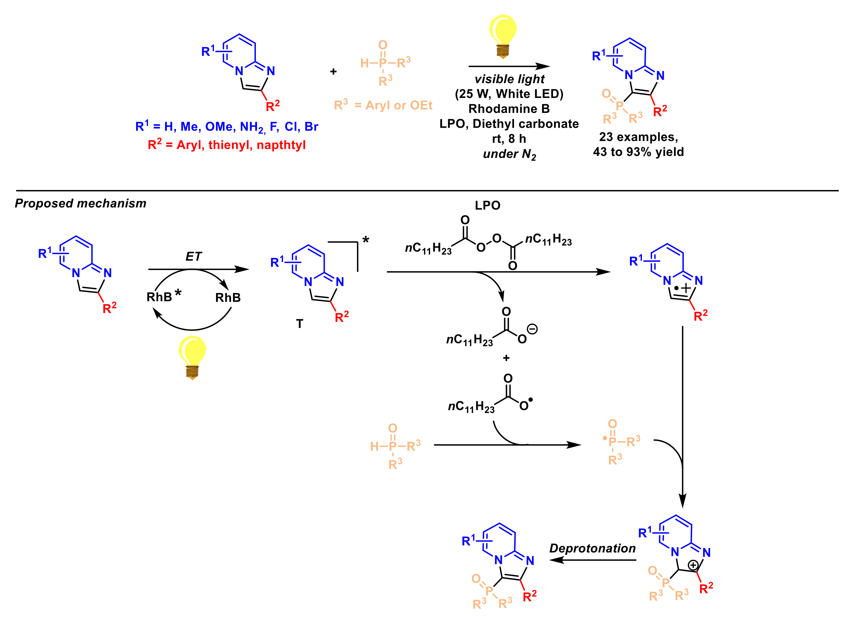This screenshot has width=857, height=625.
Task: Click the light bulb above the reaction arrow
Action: pyautogui.click(x=502, y=35)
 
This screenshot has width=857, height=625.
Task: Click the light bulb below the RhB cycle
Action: pyautogui.click(x=192, y=356)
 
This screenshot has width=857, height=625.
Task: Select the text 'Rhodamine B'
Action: pyautogui.click(x=509, y=109)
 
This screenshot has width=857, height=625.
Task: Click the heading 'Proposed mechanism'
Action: pyautogui.click(x=81, y=203)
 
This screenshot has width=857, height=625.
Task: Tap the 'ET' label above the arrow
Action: pyautogui.click(x=194, y=257)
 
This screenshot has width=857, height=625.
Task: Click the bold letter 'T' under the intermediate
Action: pyautogui.click(x=300, y=324)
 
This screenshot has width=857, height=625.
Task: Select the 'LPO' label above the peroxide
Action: pyautogui.click(x=487, y=206)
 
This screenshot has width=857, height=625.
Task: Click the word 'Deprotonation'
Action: pyautogui.click(x=592, y=548)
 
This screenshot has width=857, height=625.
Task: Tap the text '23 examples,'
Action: pyautogui.click(x=638, y=137)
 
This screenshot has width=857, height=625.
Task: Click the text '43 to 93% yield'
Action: pyautogui.click(x=638, y=152)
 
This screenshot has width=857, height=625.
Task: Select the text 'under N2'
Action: pyautogui.click(x=509, y=154)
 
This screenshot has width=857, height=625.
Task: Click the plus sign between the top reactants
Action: pyautogui.click(x=333, y=72)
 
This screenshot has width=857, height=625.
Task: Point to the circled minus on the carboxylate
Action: pyautogui.click(x=532, y=329)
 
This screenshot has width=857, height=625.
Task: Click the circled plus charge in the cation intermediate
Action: pyautogui.click(x=693, y=565)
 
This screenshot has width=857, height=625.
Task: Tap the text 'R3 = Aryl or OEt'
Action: pyautogui.click(x=383, y=105)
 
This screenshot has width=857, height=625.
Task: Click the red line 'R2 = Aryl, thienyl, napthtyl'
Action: pyautogui.click(x=227, y=145)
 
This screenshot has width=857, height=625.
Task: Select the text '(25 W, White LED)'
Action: pyautogui.click(x=509, y=94)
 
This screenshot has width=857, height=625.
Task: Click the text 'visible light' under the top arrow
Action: pyautogui.click(x=509, y=79)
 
